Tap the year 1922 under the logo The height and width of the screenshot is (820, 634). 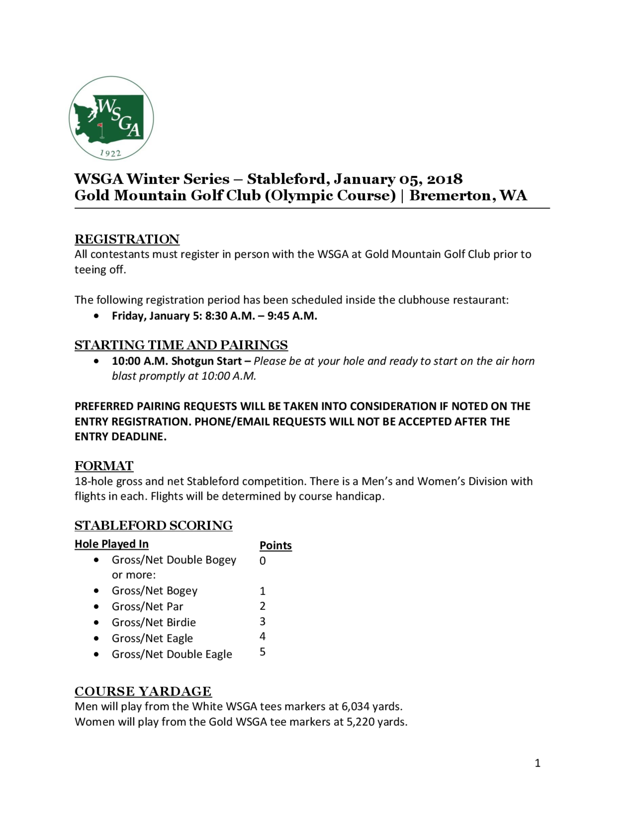(110, 153)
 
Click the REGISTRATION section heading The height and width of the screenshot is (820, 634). (127, 239)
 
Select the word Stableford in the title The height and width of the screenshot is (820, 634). (288, 179)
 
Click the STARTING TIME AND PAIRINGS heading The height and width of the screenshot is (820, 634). (181, 345)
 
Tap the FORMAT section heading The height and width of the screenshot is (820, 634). (104, 465)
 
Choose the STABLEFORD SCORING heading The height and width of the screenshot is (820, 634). (154, 525)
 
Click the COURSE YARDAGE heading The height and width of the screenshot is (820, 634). (143, 691)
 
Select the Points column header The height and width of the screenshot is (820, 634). (276, 546)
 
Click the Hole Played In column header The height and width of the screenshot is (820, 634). (112, 544)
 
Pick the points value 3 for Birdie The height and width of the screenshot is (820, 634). (262, 621)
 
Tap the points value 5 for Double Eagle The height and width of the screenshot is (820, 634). (262, 652)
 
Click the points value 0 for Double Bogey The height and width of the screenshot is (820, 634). (262, 561)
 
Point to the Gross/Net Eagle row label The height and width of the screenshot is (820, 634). (152, 638)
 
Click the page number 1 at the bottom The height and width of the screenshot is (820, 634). (537, 763)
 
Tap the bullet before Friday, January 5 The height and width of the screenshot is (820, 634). (97, 316)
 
